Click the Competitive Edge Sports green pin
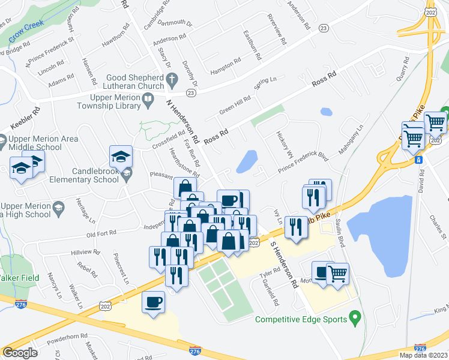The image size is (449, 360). (x=355, y=316)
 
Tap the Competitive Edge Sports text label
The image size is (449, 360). (x=300, y=319)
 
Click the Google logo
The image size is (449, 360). (x=20, y=353)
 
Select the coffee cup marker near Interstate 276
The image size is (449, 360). (x=153, y=301)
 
